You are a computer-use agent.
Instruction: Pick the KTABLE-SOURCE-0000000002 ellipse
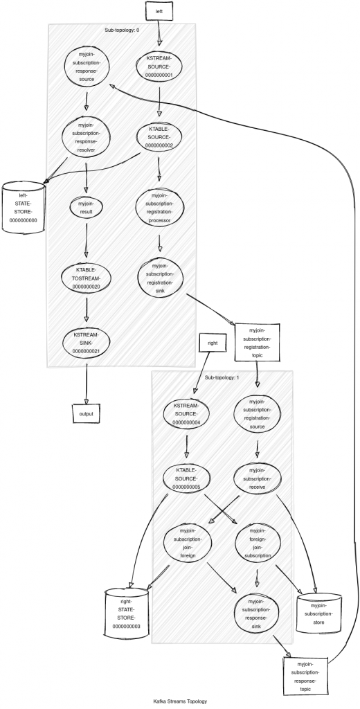159,137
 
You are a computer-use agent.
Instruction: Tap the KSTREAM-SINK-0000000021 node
86,342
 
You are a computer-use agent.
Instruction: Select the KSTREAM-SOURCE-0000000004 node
186,413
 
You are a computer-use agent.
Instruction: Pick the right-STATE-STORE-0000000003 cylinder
126,613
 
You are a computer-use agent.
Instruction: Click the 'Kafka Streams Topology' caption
180,701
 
